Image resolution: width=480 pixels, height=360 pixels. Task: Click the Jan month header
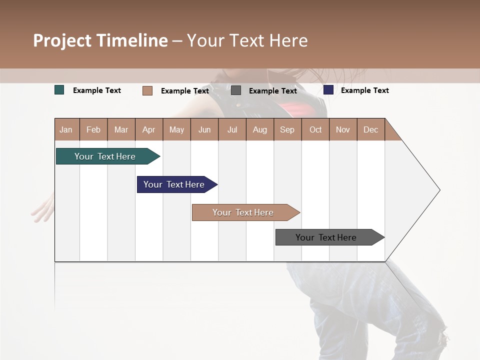point(66,129)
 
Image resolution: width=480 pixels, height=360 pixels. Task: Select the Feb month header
point(93,129)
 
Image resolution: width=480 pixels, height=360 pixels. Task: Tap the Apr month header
point(148,129)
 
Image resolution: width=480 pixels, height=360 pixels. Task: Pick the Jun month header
point(204,129)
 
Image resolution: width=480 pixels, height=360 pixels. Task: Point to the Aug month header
point(259,129)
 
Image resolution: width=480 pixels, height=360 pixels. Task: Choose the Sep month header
point(287,129)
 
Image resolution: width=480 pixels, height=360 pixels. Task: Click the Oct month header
point(315,129)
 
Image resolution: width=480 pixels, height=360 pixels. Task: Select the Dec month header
point(370,129)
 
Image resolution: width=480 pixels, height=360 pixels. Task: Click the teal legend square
point(59,90)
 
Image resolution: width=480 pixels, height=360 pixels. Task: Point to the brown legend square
point(147,90)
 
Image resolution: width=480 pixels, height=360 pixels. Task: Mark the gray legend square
point(236,90)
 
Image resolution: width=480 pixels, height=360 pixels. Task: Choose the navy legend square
point(328,90)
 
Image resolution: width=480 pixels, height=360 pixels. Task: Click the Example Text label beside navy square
point(364,90)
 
